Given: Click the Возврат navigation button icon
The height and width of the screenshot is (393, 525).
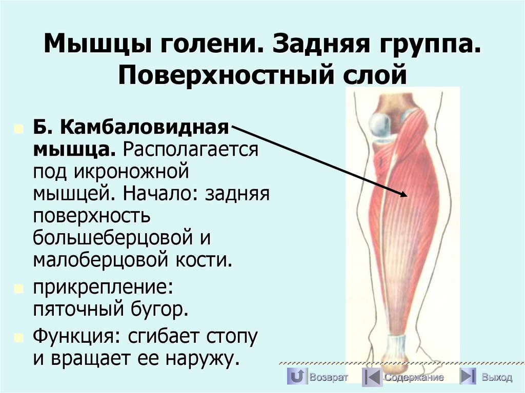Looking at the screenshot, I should point(296,377).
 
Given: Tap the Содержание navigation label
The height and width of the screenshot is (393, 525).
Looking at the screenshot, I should point(414,378).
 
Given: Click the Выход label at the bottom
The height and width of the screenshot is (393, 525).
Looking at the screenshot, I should point(496,378).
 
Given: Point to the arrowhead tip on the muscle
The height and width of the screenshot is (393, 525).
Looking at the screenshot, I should point(406,195).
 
